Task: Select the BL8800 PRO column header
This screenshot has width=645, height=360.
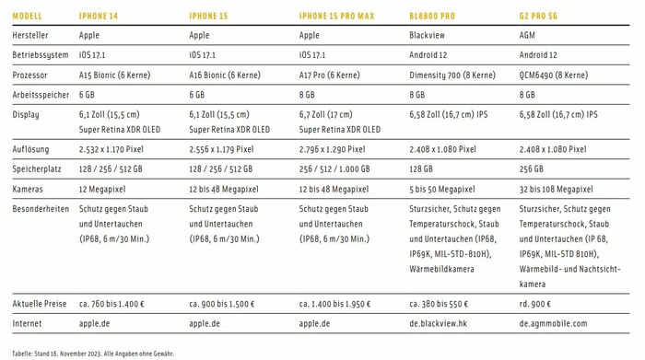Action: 432,16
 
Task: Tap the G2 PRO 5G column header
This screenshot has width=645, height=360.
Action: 540,16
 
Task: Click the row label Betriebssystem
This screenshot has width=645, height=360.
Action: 41,54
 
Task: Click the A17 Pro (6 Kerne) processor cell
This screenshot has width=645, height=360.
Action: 330,75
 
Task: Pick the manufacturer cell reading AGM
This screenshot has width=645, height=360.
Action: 528,35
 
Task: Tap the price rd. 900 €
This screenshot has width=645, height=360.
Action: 535,303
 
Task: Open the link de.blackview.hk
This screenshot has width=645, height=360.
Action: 441,323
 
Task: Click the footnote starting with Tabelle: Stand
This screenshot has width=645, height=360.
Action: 93,353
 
